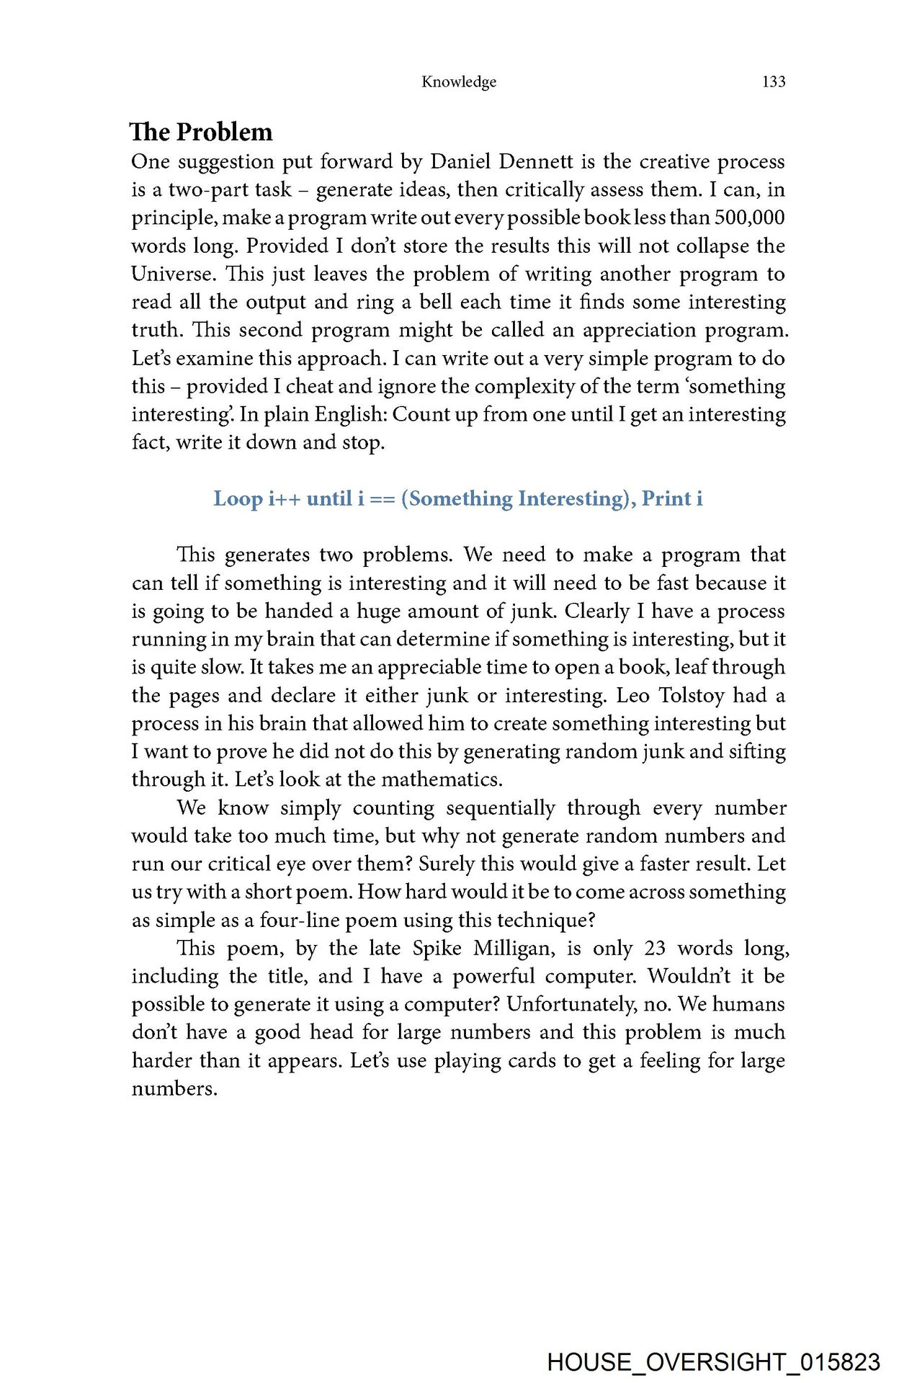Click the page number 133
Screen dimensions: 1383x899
(x=773, y=81)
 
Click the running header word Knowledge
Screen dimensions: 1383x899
(x=459, y=81)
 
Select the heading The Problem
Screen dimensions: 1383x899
(x=202, y=132)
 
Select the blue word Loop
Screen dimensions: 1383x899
(x=238, y=498)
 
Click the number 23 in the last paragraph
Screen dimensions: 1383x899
(x=654, y=948)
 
